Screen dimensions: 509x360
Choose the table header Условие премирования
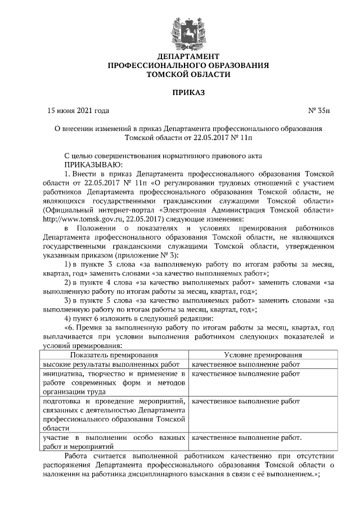click(263, 355)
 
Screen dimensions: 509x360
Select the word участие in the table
click(57, 438)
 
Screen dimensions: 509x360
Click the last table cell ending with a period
click(247, 438)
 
